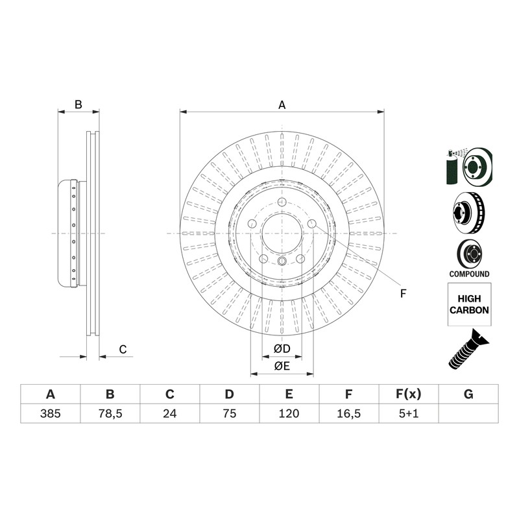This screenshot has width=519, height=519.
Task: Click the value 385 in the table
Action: point(51,413)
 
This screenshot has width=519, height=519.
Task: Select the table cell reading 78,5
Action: point(110,413)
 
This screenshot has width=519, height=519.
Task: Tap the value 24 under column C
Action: point(170,413)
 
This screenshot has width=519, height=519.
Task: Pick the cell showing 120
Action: point(289,413)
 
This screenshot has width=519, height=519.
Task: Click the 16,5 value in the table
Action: point(349,413)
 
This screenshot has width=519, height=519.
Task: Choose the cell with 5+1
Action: point(409,413)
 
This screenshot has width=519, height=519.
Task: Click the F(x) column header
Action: point(409,394)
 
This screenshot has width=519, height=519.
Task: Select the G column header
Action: point(468,394)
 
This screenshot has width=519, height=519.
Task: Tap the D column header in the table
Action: point(230,394)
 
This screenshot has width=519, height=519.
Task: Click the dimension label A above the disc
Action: point(282,105)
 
